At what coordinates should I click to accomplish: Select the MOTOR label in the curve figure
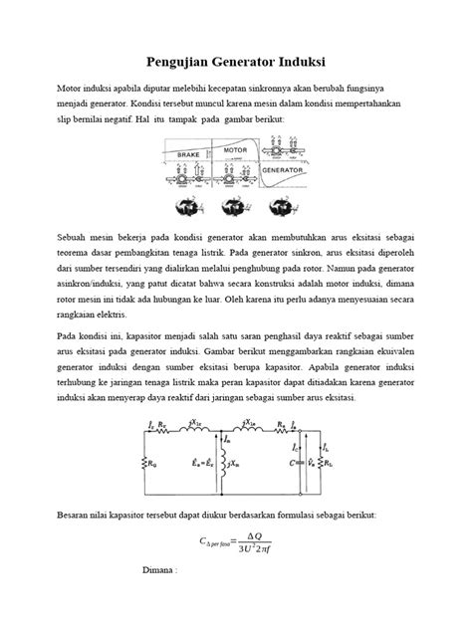click(235, 150)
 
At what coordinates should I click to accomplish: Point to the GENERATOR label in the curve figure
click(283, 171)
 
